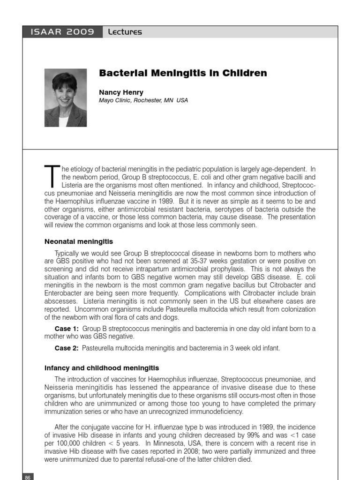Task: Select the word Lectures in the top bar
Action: (124, 32)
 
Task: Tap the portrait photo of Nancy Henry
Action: (66, 97)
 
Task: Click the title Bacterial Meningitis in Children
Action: (183, 73)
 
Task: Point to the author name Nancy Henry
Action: (121, 92)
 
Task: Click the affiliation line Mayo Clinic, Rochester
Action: (143, 100)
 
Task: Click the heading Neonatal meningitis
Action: (79, 241)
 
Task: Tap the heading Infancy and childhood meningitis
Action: (102, 368)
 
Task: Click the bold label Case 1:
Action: (67, 329)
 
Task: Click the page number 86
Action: (27, 477)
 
